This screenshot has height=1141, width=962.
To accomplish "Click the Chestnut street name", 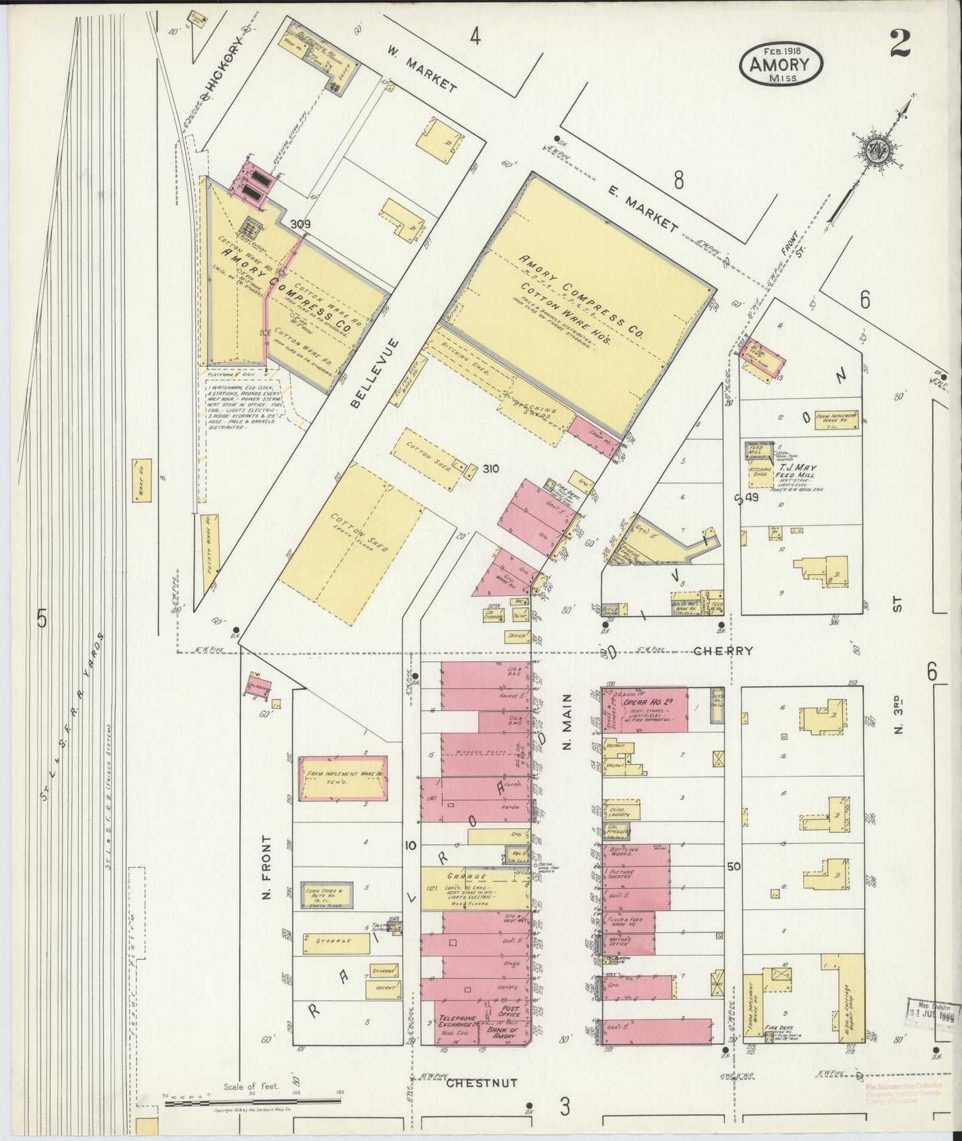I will (481, 1083).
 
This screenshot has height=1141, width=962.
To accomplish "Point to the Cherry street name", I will (723, 651).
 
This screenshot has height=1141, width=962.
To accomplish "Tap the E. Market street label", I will (642, 209).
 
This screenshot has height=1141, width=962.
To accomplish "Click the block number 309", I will (300, 225).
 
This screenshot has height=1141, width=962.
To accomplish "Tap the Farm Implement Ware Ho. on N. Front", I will (343, 777).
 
